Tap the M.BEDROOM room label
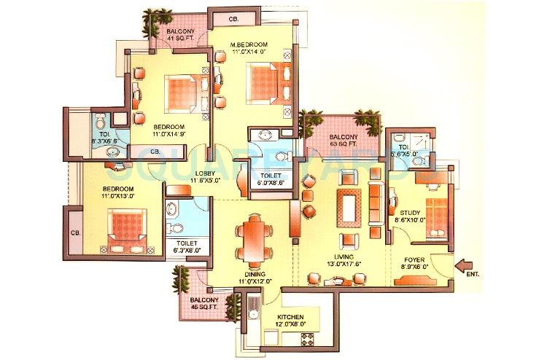tap(251, 45)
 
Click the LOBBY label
tap(205, 176)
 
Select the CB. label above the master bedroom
tap(235, 18)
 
